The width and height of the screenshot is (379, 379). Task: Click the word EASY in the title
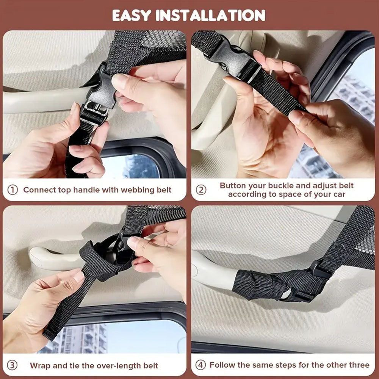click(x=132, y=16)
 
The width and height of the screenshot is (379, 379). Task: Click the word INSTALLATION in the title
click(x=210, y=16)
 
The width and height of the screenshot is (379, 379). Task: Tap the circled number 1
click(x=13, y=190)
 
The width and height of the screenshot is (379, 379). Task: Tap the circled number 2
click(x=201, y=190)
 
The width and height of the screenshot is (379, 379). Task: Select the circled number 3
click(x=12, y=365)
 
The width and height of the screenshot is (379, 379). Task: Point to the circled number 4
click(x=200, y=365)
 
